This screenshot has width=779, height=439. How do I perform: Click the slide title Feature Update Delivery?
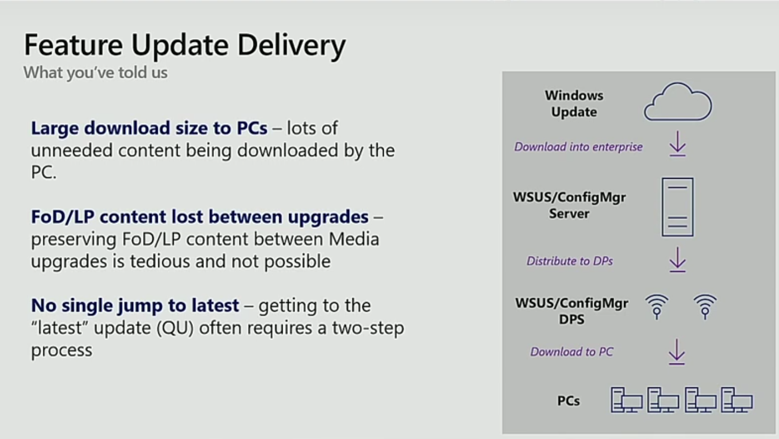pos(185,45)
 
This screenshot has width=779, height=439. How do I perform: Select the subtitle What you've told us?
pos(95,73)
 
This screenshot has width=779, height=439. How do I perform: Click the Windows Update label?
pos(574,103)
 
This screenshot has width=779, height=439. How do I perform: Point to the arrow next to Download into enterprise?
pos(677,144)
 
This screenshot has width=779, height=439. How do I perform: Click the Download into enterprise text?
pos(578,147)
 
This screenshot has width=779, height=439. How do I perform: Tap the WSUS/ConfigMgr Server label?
pos(570,205)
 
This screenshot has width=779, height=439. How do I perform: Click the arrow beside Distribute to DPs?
pos(677,259)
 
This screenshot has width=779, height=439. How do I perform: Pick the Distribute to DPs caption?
pos(570,261)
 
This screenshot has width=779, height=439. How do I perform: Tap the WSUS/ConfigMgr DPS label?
pos(572,311)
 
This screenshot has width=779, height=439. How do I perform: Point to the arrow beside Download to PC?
pos(677,352)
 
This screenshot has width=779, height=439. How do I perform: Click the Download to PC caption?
pos(572,352)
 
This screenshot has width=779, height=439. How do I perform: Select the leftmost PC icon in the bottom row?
pos(626,400)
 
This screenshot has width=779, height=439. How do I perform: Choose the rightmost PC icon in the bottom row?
pos(737,400)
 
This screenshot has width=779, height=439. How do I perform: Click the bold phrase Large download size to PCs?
pos(149,128)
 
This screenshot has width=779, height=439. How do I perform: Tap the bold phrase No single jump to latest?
pos(135,305)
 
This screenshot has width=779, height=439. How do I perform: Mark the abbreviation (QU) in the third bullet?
pos(175,328)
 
